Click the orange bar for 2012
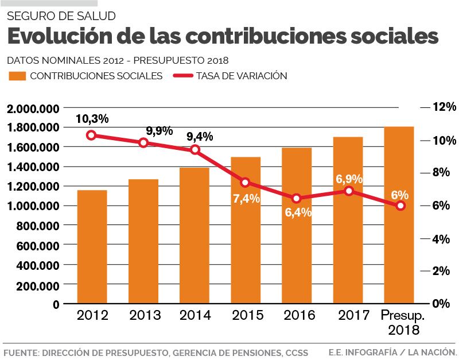(x=92, y=247)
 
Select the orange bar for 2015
(x=246, y=230)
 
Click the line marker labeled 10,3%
(x=91, y=136)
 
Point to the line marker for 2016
(x=297, y=198)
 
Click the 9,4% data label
(x=200, y=137)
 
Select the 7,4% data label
(x=247, y=199)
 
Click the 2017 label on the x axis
(x=349, y=315)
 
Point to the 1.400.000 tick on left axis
(x=34, y=167)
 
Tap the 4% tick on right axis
(x=441, y=238)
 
